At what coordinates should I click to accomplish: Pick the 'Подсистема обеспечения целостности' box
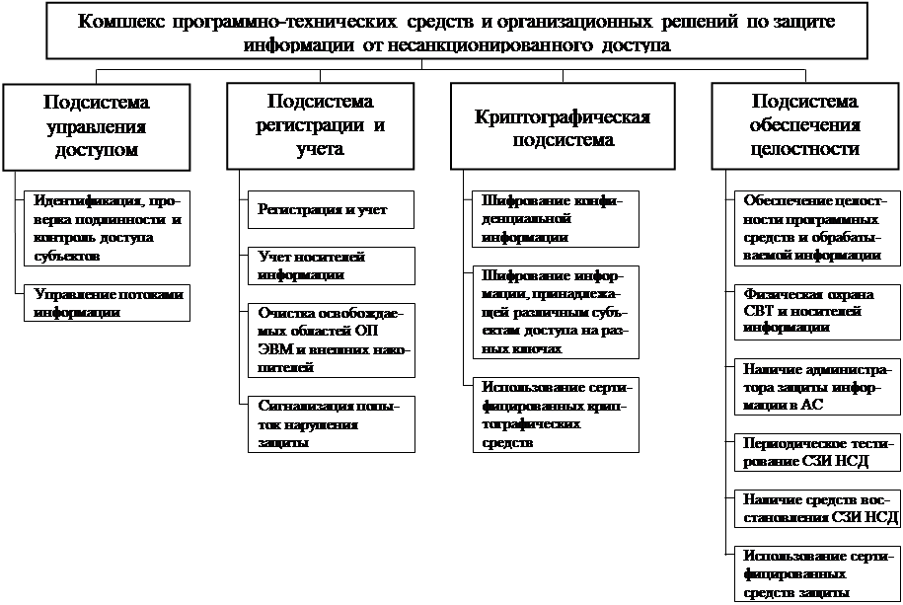point(804,125)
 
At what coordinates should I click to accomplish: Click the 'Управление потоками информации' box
point(107,303)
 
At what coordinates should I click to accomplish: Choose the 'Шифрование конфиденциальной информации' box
point(553,218)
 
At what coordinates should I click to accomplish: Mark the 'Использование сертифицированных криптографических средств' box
point(553,416)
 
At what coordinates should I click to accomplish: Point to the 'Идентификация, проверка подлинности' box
point(107,228)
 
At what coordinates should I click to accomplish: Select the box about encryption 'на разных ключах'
point(553,312)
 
